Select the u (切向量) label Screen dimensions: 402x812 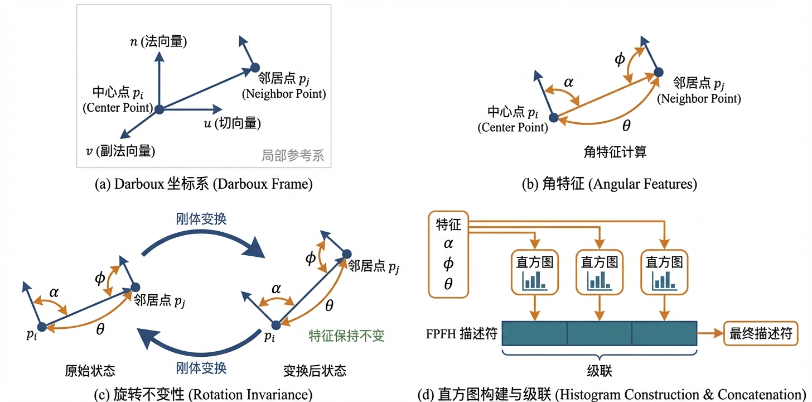(x=232, y=123)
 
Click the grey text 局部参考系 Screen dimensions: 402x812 (x=293, y=155)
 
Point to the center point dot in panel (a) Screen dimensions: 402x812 (x=159, y=109)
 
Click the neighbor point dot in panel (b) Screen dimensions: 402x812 (x=658, y=71)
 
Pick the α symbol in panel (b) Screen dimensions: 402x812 (x=568, y=83)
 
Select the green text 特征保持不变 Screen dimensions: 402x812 (x=346, y=336)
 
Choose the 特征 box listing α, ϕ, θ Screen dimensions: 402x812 (x=448, y=255)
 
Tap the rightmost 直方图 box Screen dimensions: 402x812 (x=664, y=272)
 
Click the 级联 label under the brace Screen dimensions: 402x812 (x=600, y=371)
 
